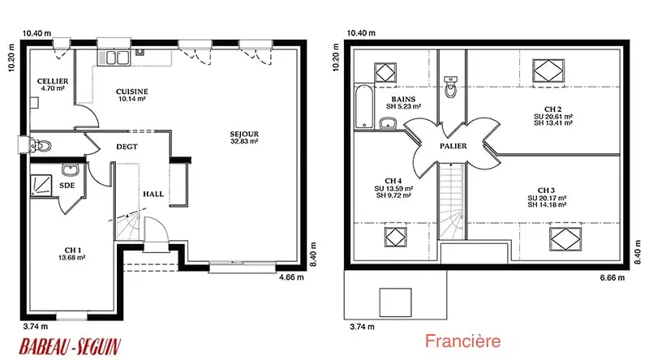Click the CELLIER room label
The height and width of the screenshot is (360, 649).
tap(53, 81)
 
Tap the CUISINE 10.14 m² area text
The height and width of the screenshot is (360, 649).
tap(132, 99)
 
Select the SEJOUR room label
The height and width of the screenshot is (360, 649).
tap(244, 134)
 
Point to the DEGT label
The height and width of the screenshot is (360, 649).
tap(127, 147)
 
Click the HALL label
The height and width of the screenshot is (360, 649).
tap(153, 194)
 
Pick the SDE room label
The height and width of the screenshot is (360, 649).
tap(67, 185)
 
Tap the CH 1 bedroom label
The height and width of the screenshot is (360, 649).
tap(73, 250)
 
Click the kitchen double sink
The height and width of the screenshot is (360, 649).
tap(113, 57)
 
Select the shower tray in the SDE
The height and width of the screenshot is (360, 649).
tap(41, 185)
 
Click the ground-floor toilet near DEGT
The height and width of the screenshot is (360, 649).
tap(41, 146)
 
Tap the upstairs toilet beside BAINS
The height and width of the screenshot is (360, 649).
tap(450, 86)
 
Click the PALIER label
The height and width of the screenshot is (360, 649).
tap(453, 146)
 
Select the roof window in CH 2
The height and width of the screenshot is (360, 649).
tap(548, 71)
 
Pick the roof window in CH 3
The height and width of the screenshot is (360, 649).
tap(565, 238)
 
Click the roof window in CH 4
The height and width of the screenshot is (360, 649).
tap(396, 237)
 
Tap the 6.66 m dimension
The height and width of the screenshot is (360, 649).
tap(612, 277)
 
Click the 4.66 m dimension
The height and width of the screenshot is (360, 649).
tap(291, 277)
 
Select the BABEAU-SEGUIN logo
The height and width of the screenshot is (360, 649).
tap(70, 346)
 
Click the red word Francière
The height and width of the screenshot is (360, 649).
tap(462, 341)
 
